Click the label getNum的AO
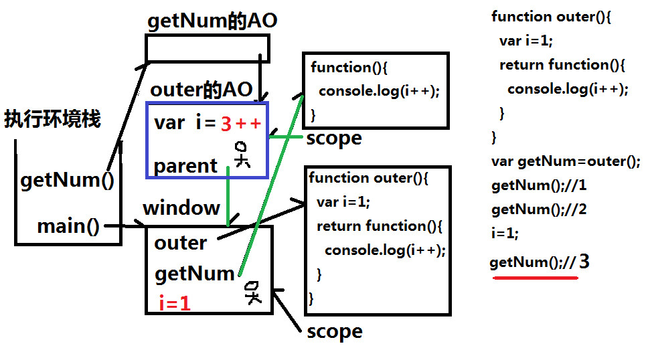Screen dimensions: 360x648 212,21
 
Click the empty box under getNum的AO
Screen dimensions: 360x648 207,49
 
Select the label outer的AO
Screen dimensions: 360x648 201,89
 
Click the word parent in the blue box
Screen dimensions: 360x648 185,165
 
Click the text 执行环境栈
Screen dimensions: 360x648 52,120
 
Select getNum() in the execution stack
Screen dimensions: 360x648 67,181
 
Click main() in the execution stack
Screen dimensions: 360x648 68,226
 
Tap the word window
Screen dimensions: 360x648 181,207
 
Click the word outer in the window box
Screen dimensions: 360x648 181,242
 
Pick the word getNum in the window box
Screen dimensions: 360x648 195,273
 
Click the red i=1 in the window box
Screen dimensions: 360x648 175,304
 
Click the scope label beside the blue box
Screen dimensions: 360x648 333,139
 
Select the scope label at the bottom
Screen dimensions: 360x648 334,331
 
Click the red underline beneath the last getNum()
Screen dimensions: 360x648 535,276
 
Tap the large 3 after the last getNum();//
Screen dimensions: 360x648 584,262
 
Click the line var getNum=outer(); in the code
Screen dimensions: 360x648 566,161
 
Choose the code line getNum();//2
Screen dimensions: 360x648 539,209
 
